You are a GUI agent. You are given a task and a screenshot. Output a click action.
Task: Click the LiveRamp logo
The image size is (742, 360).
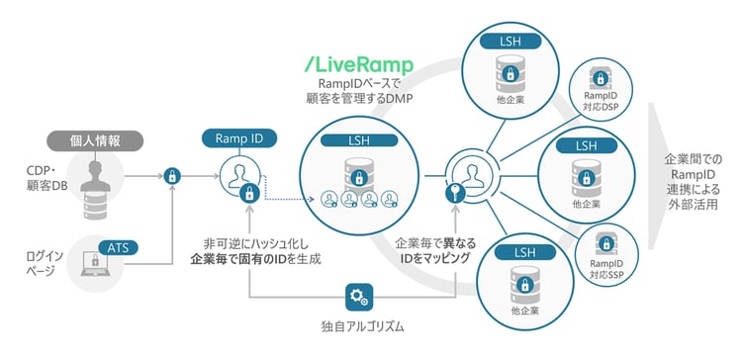coord(358,64)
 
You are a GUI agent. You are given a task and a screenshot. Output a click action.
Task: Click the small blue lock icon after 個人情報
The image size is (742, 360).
coord(173,176)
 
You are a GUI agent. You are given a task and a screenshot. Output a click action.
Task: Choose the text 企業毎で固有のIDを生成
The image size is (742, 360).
coord(255,260)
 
